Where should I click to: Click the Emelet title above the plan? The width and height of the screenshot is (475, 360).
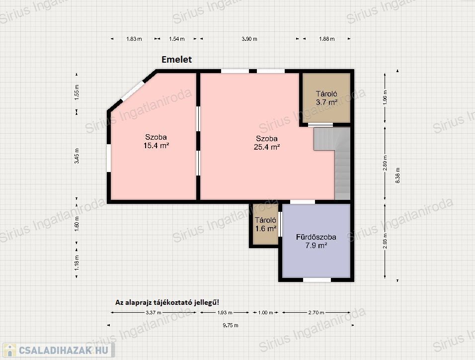pyautogui.click(x=176, y=60)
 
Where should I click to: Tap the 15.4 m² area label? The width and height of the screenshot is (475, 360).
pyautogui.click(x=156, y=146)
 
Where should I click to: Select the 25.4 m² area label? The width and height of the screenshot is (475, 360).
pyautogui.click(x=267, y=147)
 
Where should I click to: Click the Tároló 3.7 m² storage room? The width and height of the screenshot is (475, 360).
pyautogui.click(x=326, y=98)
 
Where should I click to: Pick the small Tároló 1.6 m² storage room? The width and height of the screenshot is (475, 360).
pyautogui.click(x=265, y=224)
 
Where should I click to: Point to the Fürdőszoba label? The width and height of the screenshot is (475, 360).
pyautogui.click(x=316, y=237)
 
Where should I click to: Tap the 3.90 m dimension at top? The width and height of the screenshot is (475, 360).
pyautogui.click(x=249, y=39)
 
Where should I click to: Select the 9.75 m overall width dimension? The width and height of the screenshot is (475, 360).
pyautogui.click(x=231, y=325)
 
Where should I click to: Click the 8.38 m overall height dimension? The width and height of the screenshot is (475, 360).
pyautogui.click(x=398, y=176)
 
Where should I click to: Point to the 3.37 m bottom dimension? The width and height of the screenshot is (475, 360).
pyautogui.click(x=154, y=312)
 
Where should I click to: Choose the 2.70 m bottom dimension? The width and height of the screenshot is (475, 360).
pyautogui.click(x=317, y=312)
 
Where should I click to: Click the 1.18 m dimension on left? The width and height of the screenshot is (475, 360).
pyautogui.click(x=77, y=263)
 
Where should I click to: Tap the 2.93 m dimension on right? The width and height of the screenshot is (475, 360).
pyautogui.click(x=385, y=241)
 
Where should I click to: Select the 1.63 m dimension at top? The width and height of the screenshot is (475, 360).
pyautogui.click(x=134, y=39)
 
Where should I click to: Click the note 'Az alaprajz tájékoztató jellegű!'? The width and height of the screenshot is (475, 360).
pyautogui.click(x=167, y=302)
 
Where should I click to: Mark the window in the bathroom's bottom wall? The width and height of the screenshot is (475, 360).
pyautogui.click(x=317, y=279)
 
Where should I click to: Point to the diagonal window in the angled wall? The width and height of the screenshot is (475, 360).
pyautogui.click(x=132, y=90)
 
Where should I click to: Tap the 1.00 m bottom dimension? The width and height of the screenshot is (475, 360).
pyautogui.click(x=266, y=312)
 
